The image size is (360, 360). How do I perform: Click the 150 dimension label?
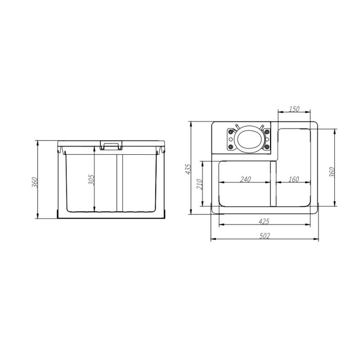(294, 109)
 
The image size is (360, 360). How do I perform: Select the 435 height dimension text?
(188, 169)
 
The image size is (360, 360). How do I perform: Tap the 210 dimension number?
(200, 184)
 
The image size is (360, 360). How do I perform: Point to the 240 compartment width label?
(245, 179)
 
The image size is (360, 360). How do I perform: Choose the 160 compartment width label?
(294, 179)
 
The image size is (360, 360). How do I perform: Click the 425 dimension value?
(264, 222)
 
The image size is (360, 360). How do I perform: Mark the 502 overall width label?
(265, 236)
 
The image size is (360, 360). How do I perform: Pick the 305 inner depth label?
(92, 180)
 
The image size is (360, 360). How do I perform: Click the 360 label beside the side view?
(34, 182)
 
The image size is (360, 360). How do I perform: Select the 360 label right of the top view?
(332, 172)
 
